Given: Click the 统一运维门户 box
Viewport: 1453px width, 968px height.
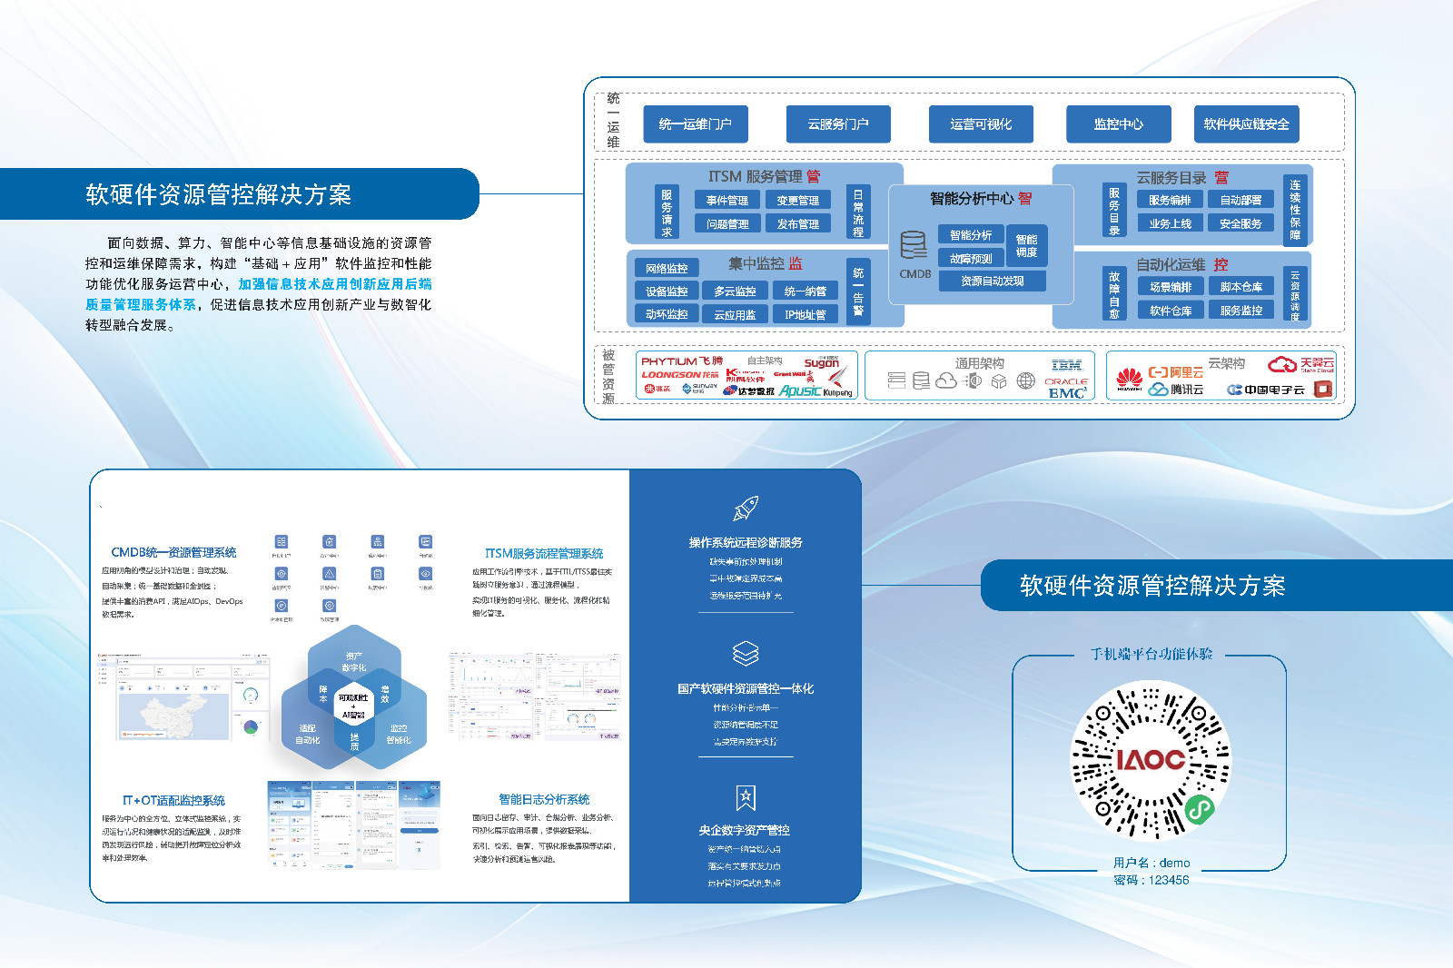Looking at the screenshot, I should pyautogui.click(x=695, y=124).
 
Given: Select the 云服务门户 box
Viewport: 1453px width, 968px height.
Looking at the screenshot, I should pyautogui.click(x=837, y=124).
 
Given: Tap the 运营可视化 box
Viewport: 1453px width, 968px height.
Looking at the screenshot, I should pyautogui.click(x=981, y=124).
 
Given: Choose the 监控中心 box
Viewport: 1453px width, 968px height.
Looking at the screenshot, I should pyautogui.click(x=1118, y=124).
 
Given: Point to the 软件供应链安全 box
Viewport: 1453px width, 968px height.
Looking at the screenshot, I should pyautogui.click(x=1246, y=124).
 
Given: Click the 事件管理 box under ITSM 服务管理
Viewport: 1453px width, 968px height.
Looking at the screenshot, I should pyautogui.click(x=726, y=201).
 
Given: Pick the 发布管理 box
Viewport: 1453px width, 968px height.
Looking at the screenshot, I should pyautogui.click(x=797, y=224).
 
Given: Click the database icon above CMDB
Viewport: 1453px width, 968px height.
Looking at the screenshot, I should pyautogui.click(x=914, y=245).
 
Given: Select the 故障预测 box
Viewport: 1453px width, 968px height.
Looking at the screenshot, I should pyautogui.click(x=970, y=259).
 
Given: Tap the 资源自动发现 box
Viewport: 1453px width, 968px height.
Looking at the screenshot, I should pyautogui.click(x=992, y=282).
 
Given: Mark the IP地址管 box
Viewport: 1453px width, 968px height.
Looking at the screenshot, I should pyautogui.click(x=805, y=315).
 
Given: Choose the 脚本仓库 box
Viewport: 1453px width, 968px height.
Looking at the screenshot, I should pyautogui.click(x=1240, y=287).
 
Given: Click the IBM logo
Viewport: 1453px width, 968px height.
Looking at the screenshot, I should pyautogui.click(x=1066, y=365).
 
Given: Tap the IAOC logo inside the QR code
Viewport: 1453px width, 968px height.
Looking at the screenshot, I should pyautogui.click(x=1151, y=759).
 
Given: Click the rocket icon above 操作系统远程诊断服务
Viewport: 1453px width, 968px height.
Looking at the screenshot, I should pyautogui.click(x=746, y=509).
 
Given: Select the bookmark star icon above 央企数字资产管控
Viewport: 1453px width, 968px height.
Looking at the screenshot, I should pyautogui.click(x=746, y=798).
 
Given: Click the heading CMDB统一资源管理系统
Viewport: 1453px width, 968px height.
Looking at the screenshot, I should pyautogui.click(x=173, y=552).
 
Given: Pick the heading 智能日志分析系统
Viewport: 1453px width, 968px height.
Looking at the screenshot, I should pyautogui.click(x=544, y=800).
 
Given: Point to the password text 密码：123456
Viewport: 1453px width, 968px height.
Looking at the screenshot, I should pyautogui.click(x=1151, y=880).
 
